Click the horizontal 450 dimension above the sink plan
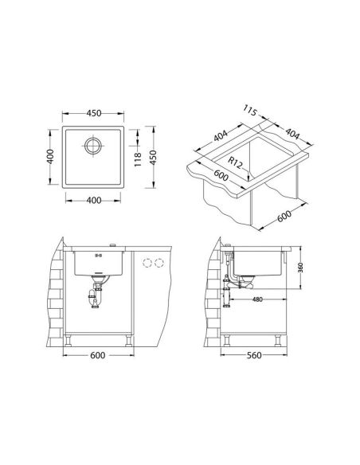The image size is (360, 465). click(94, 113)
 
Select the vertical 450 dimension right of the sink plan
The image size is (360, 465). click(153, 158)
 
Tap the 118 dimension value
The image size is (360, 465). click(138, 159)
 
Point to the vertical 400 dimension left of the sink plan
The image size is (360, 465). click(50, 156)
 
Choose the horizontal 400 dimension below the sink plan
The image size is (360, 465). click(94, 201)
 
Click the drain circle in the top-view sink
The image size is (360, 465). click(93, 146)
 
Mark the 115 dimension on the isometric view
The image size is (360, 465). click(249, 111)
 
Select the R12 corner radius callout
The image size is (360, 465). click(236, 162)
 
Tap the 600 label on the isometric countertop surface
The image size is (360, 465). click(221, 175)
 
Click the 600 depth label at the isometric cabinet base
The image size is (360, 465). click(284, 216)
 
